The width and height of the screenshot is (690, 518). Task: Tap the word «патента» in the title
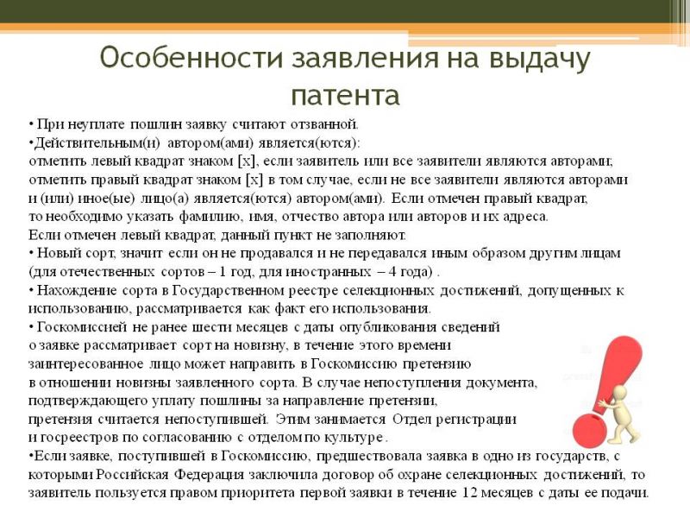[346, 95]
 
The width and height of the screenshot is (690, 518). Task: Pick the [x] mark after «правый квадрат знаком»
[254, 180]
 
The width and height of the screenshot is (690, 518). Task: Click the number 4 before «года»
[392, 272]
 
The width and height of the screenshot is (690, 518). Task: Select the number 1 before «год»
[223, 272]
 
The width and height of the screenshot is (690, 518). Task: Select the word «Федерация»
[209, 475]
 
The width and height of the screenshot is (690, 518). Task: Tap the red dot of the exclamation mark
[590, 428]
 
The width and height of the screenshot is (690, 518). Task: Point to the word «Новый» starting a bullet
[55, 254]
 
